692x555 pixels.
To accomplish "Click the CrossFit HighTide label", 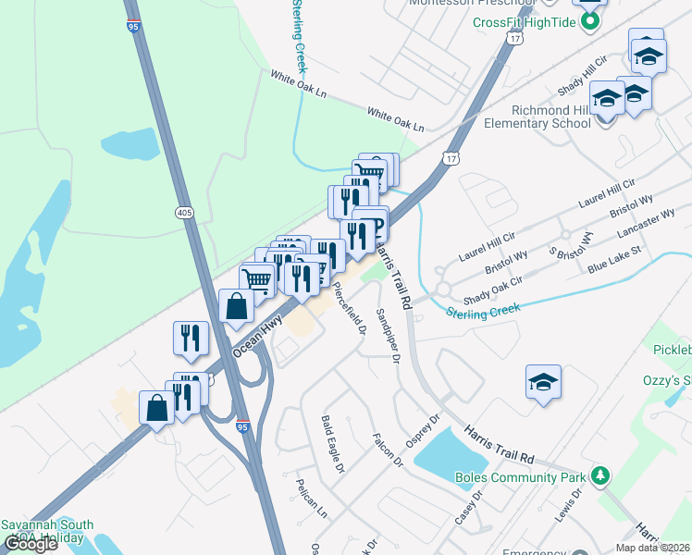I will coord(525,22).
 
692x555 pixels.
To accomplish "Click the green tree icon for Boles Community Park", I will coord(601,475).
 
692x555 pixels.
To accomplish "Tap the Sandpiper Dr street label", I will coord(388,334).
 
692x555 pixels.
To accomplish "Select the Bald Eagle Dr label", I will coord(332,444).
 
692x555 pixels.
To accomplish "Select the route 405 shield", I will coord(183,213).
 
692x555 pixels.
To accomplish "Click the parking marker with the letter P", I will coord(377,228).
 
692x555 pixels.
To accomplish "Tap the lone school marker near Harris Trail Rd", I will coord(543,381).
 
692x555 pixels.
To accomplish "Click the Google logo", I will coord(31,545).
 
